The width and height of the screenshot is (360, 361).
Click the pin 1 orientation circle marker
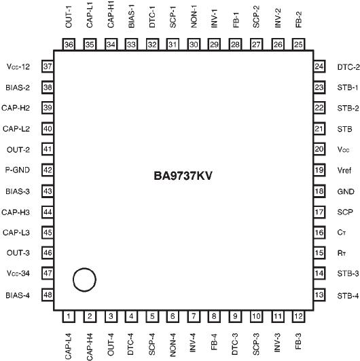(84, 279)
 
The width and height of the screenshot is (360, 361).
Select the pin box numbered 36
(69, 45)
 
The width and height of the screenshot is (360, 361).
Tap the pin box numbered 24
(319, 66)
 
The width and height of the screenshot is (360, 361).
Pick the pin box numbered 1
(69, 316)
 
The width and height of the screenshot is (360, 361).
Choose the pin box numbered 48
(48, 294)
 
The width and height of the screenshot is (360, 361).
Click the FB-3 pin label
(298, 343)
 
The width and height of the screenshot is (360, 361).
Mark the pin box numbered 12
(298, 316)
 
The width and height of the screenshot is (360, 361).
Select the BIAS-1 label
(131, 16)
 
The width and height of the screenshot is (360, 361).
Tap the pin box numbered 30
(194, 45)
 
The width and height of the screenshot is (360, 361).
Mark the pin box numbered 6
(173, 316)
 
